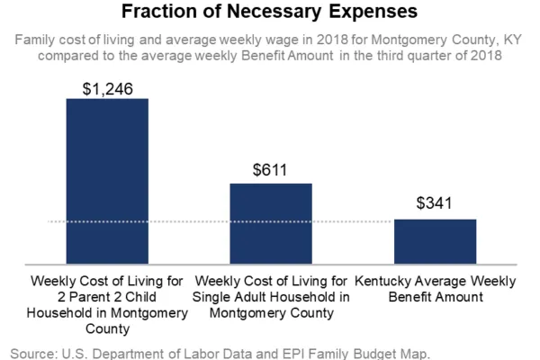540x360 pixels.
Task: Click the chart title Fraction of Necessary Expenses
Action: tap(270, 13)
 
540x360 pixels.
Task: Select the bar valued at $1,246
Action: tap(107, 180)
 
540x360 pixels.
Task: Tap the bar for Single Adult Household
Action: tap(271, 222)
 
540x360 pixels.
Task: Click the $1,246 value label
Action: tap(107, 86)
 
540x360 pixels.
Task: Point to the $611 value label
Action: tap(271, 171)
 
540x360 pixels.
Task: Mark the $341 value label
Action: tap(435, 206)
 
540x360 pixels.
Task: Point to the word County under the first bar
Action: tap(108, 328)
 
